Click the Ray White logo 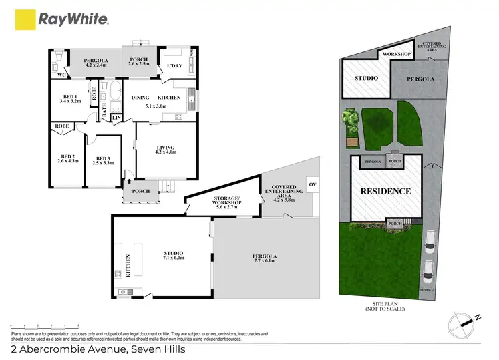[63, 19]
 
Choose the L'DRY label [174, 65]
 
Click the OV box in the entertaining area [311, 183]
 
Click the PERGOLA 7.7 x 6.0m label [264, 258]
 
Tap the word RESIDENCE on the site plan [385, 191]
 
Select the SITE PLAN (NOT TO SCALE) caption [385, 307]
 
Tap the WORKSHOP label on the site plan [393, 54]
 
